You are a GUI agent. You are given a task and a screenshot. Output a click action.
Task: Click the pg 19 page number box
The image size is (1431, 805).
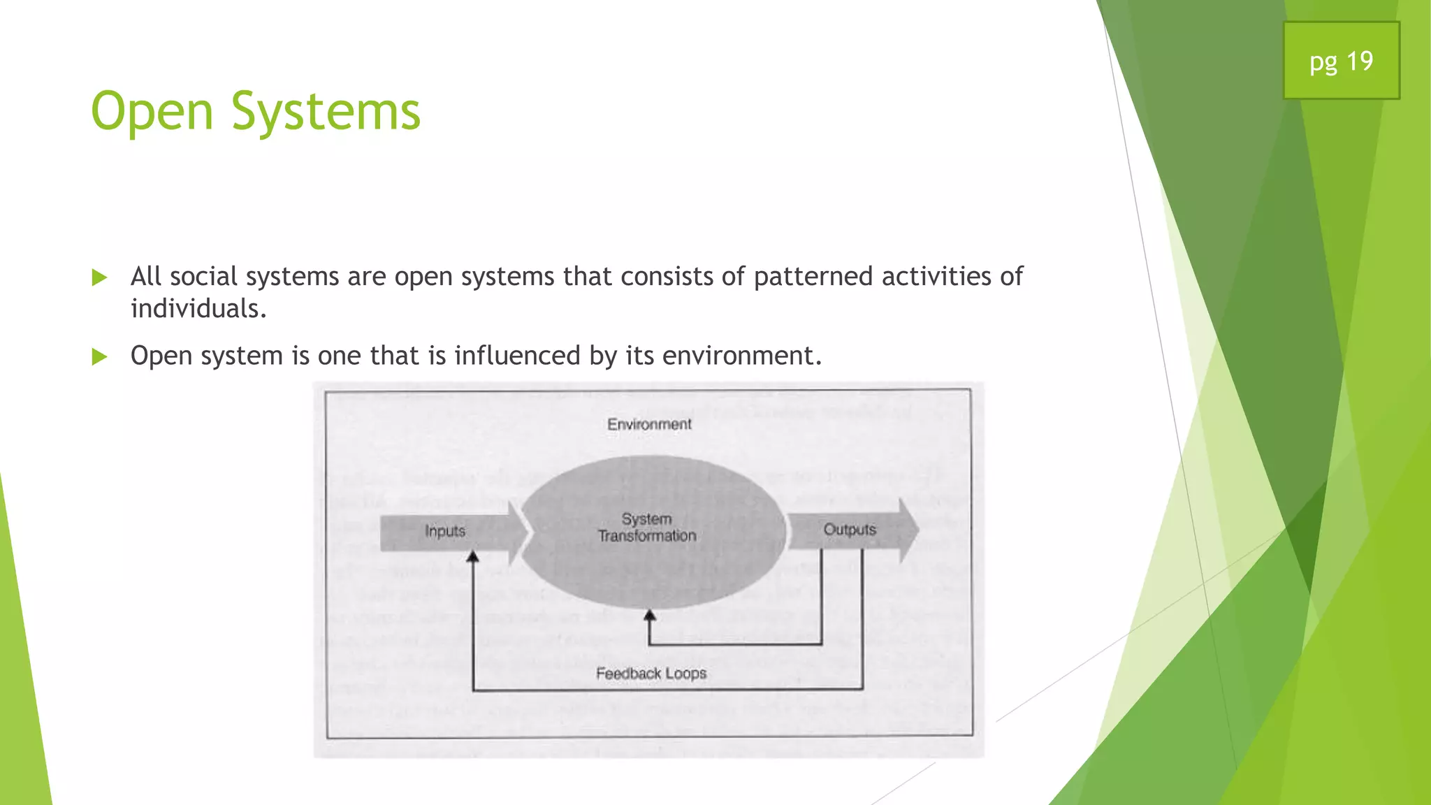(1341, 61)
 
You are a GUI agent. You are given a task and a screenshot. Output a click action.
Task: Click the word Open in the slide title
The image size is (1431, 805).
(152, 112)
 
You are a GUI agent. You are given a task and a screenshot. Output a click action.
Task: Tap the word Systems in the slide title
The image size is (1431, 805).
(326, 112)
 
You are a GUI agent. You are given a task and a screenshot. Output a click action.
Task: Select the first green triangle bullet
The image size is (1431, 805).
(100, 277)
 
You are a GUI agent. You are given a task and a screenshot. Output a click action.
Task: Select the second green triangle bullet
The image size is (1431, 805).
(100, 357)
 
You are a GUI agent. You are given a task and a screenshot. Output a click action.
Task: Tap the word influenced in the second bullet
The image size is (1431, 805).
(517, 356)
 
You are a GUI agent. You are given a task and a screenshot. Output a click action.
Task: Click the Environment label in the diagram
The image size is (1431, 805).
(649, 424)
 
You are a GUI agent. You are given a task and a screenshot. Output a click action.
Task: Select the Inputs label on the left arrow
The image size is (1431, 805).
(445, 531)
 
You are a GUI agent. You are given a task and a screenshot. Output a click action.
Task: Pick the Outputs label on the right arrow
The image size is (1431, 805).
(849, 530)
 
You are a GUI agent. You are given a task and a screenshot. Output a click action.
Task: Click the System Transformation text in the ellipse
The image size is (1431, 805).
(647, 528)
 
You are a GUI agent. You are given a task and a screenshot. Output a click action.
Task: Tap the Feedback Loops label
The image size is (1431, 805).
(651, 673)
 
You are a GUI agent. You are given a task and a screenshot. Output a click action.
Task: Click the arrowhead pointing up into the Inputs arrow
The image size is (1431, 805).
(473, 557)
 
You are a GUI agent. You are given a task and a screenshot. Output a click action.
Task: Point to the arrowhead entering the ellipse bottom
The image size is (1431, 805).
(650, 616)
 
